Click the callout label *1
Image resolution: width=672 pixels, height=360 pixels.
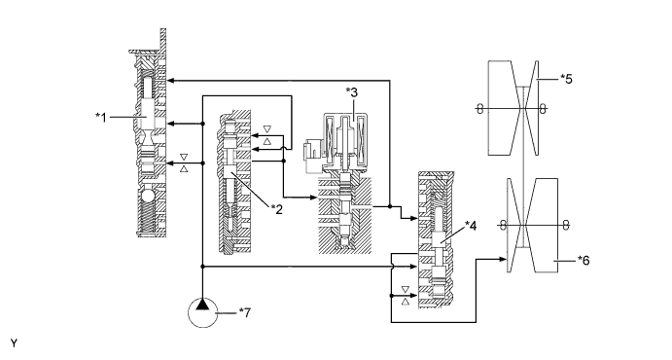click(101, 117)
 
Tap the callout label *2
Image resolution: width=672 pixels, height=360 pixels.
click(277, 209)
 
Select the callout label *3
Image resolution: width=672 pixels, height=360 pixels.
click(352, 92)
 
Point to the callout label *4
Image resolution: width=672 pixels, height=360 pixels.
click(471, 226)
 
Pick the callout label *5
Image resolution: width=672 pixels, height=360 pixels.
click(567, 79)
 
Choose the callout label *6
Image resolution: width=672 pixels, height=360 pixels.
click(584, 260)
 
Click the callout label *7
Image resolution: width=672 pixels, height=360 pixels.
click(245, 313)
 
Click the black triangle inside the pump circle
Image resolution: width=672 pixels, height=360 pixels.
click(202, 305)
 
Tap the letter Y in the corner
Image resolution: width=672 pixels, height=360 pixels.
click(15, 343)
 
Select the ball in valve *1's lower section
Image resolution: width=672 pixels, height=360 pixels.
click(147, 197)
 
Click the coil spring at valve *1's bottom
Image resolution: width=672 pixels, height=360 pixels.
click(147, 218)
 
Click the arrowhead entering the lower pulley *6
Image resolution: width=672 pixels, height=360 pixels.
click(504, 259)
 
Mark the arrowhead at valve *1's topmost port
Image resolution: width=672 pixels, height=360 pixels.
click(170, 80)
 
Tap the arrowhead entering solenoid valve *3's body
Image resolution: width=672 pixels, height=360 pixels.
click(314, 198)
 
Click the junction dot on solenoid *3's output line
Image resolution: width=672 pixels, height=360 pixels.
click(390, 206)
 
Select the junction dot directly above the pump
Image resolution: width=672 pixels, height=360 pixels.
click(202, 267)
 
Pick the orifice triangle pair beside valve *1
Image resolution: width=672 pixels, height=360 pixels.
click(184, 162)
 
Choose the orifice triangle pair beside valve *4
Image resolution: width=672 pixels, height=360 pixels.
click(405, 296)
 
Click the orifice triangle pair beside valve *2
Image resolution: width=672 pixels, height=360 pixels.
click(267, 135)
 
